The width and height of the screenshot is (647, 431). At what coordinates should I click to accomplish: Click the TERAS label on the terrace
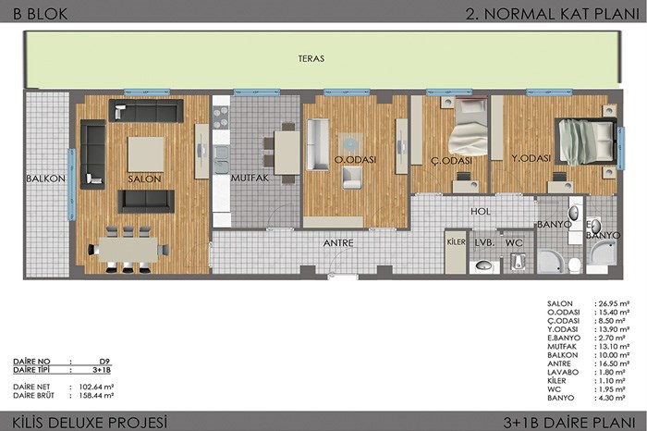pos(311,58)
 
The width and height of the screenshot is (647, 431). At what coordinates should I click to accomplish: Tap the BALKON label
pos(45,179)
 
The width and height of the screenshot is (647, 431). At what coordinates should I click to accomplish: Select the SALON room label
pos(144,179)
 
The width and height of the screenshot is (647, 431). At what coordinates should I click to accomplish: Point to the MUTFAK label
pos(250,178)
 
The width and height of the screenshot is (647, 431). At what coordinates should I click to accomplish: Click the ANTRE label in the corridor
pos(338,242)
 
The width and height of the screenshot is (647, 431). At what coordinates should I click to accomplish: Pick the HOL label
pos(481,212)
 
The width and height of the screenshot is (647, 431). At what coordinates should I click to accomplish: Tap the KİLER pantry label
pos(456,242)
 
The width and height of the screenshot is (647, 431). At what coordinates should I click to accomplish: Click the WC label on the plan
pos(514,242)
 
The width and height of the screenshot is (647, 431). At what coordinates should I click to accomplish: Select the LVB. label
pos(484,242)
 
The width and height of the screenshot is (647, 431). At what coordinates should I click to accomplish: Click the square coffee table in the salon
pos(146,154)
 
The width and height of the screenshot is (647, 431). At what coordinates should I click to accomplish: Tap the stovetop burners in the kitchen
pos(221,117)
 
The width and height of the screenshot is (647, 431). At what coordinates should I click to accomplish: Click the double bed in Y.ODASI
pos(585,142)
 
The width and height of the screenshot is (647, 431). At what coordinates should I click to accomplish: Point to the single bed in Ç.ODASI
pos(470,126)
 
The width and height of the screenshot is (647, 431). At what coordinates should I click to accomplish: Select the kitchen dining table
pos(287,153)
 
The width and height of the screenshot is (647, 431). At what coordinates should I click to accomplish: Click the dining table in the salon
pos(128,250)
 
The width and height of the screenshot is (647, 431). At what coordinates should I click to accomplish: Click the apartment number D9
pos(104,362)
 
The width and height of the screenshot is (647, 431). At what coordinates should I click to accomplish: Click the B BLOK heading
pos(40,14)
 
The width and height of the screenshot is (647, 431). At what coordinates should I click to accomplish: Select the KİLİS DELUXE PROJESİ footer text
pos(90,423)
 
